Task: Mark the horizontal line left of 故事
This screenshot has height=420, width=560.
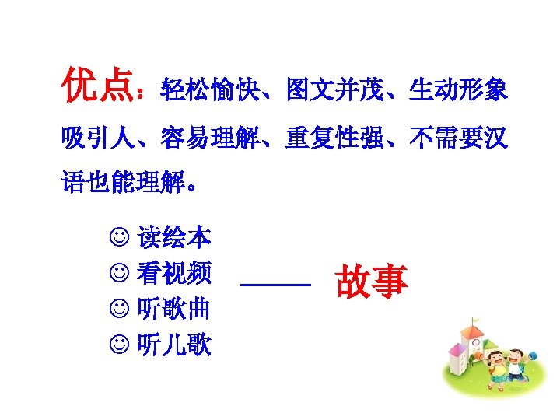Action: pyautogui.click(x=275, y=286)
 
